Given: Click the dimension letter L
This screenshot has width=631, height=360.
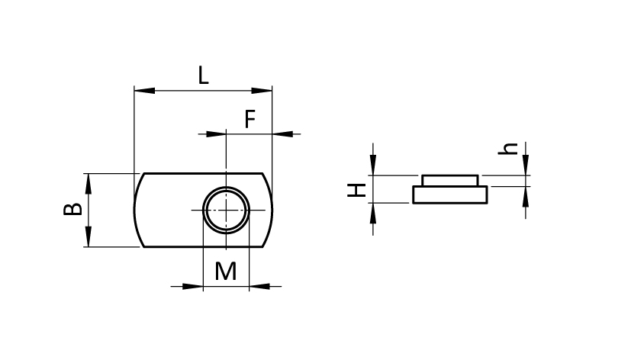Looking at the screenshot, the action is pyautogui.click(x=204, y=76).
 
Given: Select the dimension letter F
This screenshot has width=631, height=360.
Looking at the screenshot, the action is pyautogui.click(x=250, y=119).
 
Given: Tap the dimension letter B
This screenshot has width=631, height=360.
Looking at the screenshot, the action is pyautogui.click(x=72, y=210).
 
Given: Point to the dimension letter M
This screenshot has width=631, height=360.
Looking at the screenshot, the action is pyautogui.click(x=226, y=271).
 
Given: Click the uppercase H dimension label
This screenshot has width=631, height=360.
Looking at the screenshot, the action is pyautogui.click(x=356, y=190).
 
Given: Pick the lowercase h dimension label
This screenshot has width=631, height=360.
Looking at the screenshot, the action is pyautogui.click(x=508, y=149).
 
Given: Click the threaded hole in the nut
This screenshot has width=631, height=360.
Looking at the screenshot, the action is pyautogui.click(x=226, y=210).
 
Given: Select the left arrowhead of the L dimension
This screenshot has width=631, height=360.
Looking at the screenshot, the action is pyautogui.click(x=144, y=91).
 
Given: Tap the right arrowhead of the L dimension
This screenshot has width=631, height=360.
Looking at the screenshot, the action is pyautogui.click(x=262, y=91).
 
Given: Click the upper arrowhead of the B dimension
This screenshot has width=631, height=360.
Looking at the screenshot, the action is pyautogui.click(x=89, y=184).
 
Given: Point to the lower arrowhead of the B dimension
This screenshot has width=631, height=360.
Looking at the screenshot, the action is pyautogui.click(x=89, y=236).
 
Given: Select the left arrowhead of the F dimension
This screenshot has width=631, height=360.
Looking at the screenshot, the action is pyautogui.click(x=216, y=134).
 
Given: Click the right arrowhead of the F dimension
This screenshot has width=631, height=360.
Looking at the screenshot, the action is pyautogui.click(x=282, y=134).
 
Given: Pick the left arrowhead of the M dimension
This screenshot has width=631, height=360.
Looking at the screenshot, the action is pyautogui.click(x=193, y=286).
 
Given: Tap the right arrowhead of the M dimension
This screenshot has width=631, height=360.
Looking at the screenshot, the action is pyautogui.click(x=259, y=286).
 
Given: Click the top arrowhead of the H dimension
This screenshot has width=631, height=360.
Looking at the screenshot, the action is pyautogui.click(x=373, y=165).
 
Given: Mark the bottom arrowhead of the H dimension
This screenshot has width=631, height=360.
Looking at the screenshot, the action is pyautogui.click(x=373, y=214).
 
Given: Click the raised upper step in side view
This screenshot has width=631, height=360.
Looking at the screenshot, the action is pyautogui.click(x=450, y=181).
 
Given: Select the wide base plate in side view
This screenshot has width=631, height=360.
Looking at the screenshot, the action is pyautogui.click(x=450, y=194).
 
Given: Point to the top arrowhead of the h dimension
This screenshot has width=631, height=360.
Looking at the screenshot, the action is pyautogui.click(x=526, y=165).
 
